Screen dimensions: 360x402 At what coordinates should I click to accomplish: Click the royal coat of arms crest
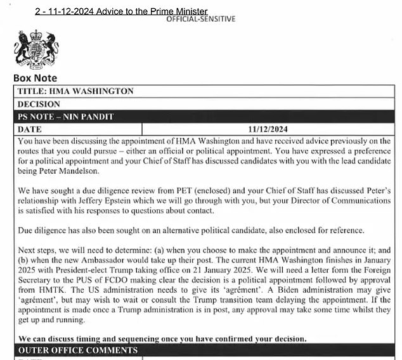click(x=34, y=49)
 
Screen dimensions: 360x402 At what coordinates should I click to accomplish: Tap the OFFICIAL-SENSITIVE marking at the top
click(x=200, y=19)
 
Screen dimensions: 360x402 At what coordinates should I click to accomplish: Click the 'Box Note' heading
click(x=35, y=79)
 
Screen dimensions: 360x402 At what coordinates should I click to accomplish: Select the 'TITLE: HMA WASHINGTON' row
click(x=75, y=91)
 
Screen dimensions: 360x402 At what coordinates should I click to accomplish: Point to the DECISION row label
click(x=39, y=104)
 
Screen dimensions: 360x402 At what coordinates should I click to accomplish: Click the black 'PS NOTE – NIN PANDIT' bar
click(x=203, y=117)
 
